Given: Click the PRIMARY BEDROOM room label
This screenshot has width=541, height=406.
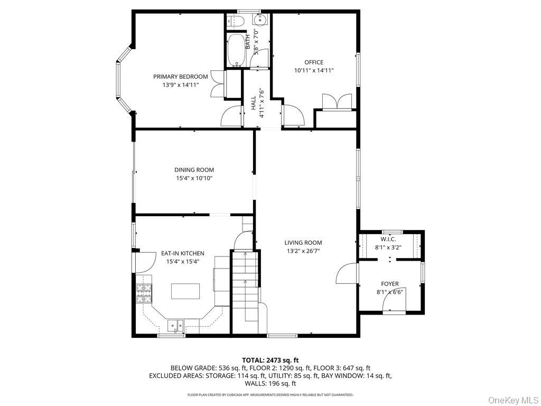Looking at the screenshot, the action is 181,77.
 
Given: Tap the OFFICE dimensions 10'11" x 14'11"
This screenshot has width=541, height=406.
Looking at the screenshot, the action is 314,70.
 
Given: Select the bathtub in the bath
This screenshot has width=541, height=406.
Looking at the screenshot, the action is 236,50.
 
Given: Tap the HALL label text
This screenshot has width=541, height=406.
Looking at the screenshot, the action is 254,103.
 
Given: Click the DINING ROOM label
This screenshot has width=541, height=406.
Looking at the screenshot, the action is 194,170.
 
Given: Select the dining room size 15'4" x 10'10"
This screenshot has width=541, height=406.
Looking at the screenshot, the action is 194,178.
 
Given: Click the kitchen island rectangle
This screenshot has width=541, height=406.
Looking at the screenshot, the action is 185,291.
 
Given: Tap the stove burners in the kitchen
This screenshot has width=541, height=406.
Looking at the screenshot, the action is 144,293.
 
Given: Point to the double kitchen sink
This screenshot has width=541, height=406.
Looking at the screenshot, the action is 175,326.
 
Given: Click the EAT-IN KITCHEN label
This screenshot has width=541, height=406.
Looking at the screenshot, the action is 182,253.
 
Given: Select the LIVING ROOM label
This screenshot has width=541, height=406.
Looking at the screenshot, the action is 303,243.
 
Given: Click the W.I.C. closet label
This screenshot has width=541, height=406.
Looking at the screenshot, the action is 388,239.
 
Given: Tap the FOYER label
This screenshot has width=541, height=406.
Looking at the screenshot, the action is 390,284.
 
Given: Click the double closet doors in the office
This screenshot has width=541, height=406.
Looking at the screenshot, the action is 337,101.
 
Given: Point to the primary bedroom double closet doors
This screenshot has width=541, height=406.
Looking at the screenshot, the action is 218,83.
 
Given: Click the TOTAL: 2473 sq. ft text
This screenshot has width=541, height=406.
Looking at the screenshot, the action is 270,361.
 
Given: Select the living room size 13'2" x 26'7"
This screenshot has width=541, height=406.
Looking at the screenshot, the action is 303,251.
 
